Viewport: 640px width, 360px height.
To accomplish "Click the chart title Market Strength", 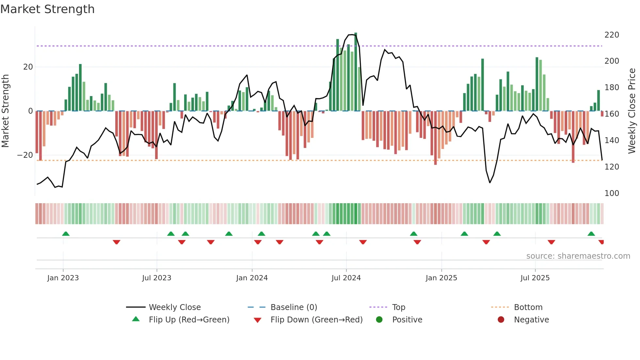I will (x=47, y=9).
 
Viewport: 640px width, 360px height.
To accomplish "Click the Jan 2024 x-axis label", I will (x=252, y=278).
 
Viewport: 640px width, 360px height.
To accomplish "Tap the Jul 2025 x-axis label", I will (x=535, y=278).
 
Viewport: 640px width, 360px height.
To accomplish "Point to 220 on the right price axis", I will (x=612, y=35).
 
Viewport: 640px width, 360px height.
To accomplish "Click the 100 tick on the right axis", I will (x=612, y=193).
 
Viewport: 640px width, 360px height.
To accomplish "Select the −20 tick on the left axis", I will (x=25, y=155).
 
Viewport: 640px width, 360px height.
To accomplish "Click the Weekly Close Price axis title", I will (x=632, y=111).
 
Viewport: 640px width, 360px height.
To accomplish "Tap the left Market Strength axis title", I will (x=5, y=111).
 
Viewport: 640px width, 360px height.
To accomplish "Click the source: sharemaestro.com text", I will (x=578, y=256).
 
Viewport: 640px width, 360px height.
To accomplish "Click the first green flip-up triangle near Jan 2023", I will (x=66, y=234).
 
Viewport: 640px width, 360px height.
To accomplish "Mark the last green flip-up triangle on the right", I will (x=591, y=234).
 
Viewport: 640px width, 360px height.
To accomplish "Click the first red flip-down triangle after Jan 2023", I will (x=117, y=242).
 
